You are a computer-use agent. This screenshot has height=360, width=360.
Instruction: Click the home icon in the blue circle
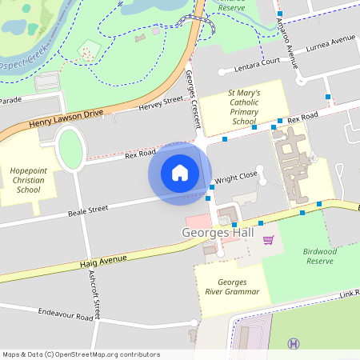click(180, 172)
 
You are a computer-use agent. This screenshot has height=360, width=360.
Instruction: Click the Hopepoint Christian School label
click(27, 180)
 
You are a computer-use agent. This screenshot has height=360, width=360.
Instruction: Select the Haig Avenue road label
click(103, 260)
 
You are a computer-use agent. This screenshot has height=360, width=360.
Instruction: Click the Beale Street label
click(87, 210)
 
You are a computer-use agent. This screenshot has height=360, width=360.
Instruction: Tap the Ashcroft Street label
click(94, 294)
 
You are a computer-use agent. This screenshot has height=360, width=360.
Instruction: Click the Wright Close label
click(235, 177)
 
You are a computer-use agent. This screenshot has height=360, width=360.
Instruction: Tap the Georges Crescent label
click(193, 100)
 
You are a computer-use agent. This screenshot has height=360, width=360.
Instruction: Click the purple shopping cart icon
click(268, 240)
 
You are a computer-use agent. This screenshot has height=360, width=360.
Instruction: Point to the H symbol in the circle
click(294, 344)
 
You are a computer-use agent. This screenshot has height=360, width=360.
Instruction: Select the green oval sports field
click(71, 148)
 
